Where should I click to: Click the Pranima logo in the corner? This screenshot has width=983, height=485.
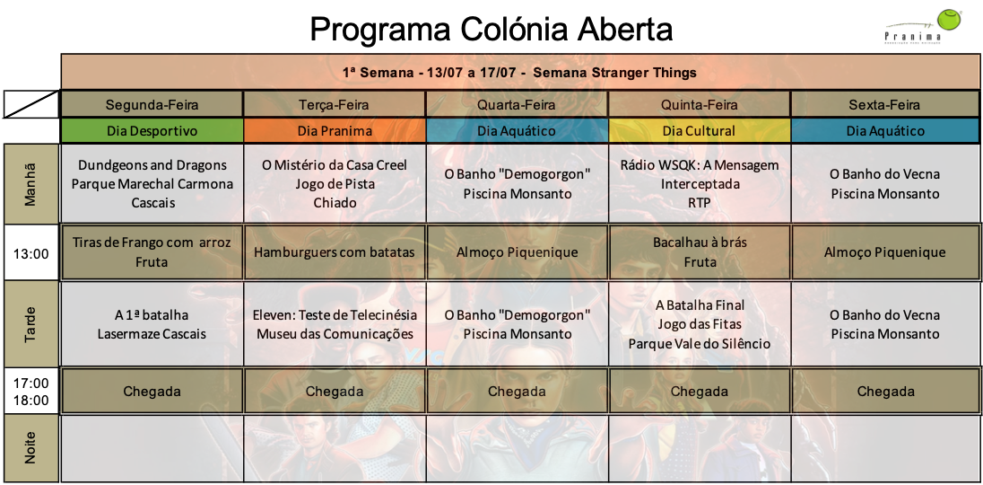[x=923, y=26]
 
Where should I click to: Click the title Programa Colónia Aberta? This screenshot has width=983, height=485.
[x=491, y=29]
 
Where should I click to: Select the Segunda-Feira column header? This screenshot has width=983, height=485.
[x=152, y=104]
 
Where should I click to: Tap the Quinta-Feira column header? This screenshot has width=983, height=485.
[x=699, y=104]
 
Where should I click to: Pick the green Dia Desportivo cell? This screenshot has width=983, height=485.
[x=152, y=130]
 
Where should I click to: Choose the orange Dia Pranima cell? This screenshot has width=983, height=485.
[x=335, y=130]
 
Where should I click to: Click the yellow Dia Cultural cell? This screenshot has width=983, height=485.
[x=699, y=130]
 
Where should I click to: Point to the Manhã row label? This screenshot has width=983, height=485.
[x=30, y=183]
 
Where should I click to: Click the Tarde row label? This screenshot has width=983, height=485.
[x=30, y=323]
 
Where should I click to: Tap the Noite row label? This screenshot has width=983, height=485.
[x=30, y=448]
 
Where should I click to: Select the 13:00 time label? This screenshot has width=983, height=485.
[x=30, y=252]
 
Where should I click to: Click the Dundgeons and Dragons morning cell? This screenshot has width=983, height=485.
[x=152, y=183]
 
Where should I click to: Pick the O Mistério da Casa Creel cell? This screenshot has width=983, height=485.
[x=335, y=183]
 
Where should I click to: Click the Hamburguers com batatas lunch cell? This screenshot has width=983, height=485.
[x=335, y=252]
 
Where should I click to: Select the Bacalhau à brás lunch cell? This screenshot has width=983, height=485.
[x=699, y=252]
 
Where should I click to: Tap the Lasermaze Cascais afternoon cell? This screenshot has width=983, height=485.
[x=152, y=323]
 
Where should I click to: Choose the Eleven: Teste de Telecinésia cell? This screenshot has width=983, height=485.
[x=335, y=323]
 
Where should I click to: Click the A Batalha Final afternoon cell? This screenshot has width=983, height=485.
[x=699, y=323]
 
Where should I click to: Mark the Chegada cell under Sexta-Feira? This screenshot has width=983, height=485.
[x=885, y=391]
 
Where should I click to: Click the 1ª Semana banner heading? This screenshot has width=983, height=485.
[x=519, y=72]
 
